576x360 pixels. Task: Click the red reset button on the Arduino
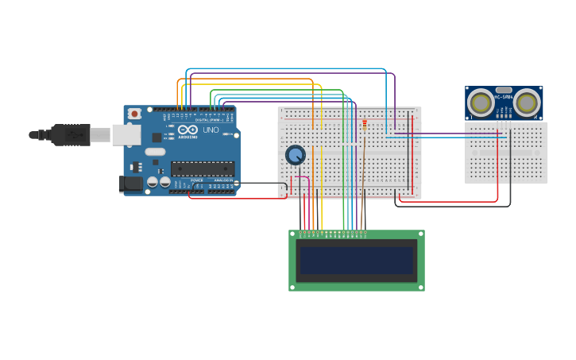134,114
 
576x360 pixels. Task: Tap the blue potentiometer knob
296,155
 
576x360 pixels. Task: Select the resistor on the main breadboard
365,124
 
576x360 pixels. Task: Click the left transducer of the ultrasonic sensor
480,102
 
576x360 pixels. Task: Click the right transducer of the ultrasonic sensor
526,102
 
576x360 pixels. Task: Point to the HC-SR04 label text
504,98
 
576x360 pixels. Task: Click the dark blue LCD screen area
357,260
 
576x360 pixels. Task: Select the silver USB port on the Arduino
126,135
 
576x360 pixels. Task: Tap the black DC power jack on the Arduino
131,184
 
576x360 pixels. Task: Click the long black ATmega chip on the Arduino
203,168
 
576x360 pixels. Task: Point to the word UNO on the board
211,130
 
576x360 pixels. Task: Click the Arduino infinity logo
187,130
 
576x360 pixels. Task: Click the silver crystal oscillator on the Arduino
155,152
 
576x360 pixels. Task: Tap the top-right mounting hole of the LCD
420,234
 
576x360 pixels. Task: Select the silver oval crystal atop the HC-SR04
503,91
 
